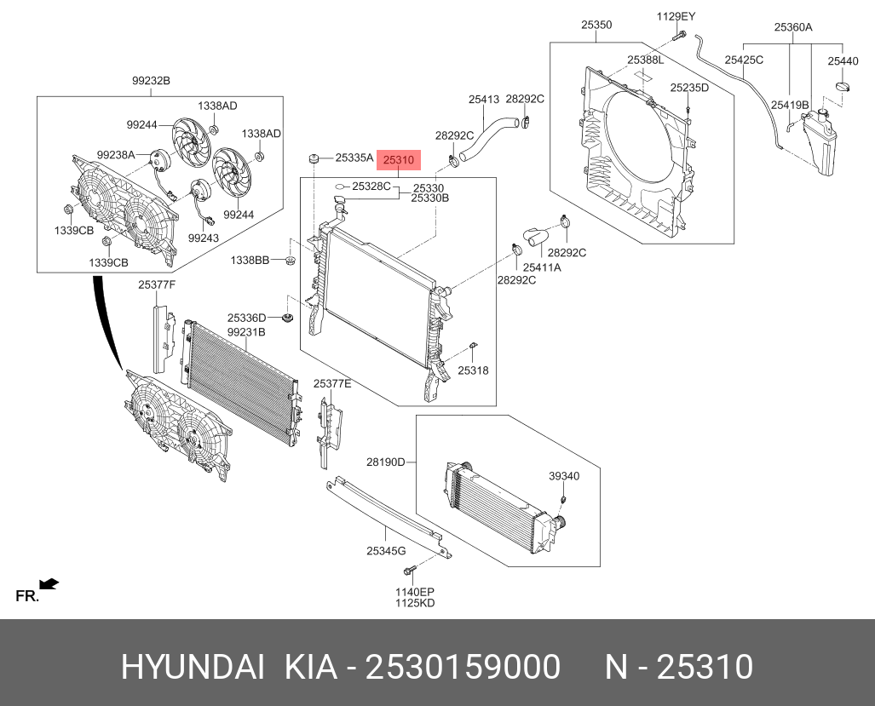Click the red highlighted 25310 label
point(398,159)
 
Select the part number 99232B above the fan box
point(151,81)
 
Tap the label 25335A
point(354,158)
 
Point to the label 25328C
point(371,185)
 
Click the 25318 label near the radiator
point(473,370)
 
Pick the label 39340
point(564,476)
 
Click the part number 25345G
point(386,551)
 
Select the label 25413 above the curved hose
point(483,100)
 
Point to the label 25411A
point(542,267)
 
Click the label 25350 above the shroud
point(596,26)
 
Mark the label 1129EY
point(676,16)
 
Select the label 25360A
point(792,27)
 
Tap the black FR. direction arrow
point(49,583)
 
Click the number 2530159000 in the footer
point(463,667)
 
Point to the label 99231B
point(246,331)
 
